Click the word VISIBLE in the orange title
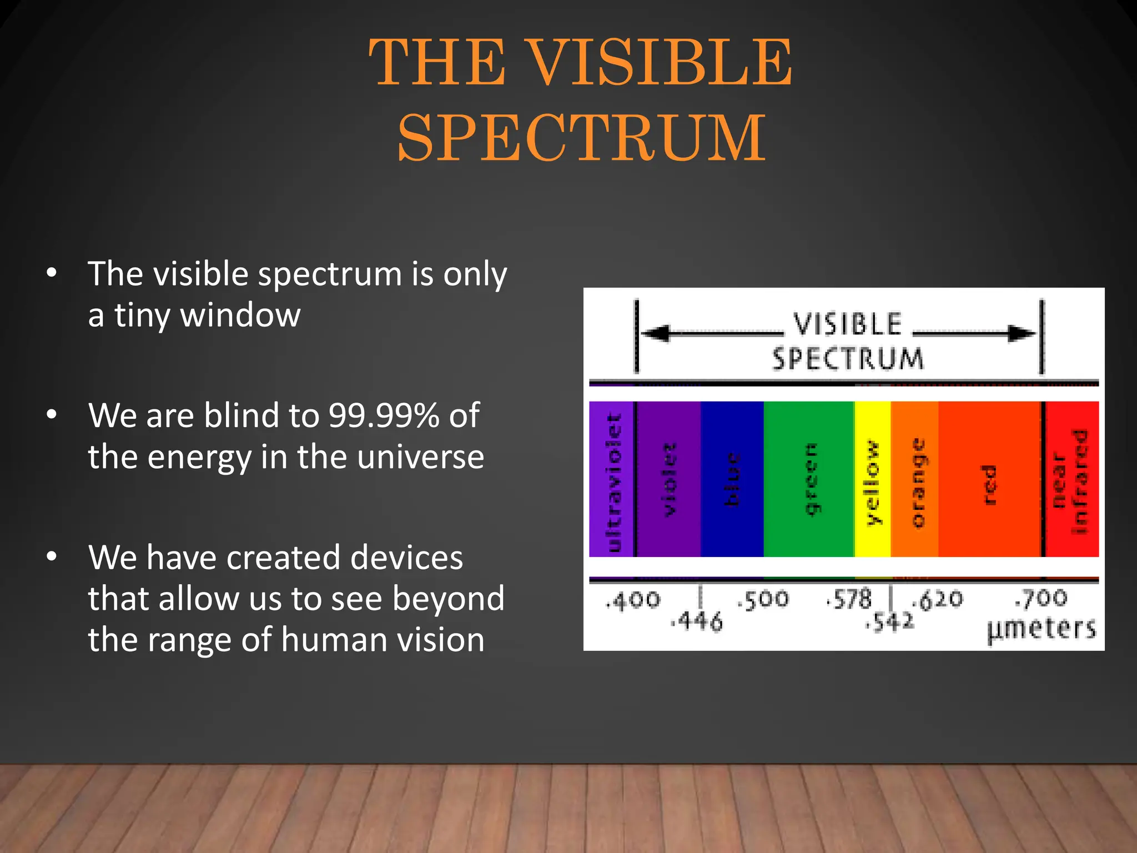click(x=659, y=62)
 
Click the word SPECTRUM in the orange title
click(x=582, y=138)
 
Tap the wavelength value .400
click(x=633, y=600)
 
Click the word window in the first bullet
click(x=240, y=315)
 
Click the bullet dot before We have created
click(x=52, y=556)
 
